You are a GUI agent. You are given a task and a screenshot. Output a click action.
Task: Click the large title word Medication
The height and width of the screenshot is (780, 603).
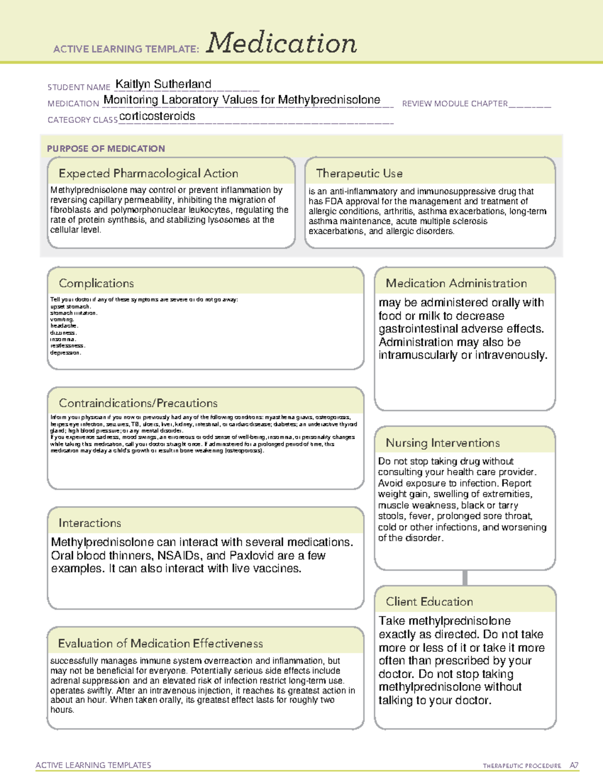click(x=281, y=43)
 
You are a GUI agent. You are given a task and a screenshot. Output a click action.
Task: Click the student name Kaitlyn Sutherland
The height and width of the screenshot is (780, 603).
click(x=163, y=84)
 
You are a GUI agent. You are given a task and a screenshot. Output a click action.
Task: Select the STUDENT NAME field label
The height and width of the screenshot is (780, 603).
click(x=79, y=87)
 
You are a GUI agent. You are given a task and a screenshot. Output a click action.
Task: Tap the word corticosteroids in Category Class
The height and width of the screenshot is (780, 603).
click(x=157, y=116)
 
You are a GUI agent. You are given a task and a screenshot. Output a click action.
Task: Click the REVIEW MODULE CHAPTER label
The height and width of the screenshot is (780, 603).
click(x=455, y=103)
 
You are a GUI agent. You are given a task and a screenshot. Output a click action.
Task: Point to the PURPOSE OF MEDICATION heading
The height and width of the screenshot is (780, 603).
click(x=106, y=149)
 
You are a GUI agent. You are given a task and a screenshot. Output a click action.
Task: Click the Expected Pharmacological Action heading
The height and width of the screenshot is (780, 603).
click(x=148, y=173)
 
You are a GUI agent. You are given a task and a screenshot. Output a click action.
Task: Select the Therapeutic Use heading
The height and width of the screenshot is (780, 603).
click(x=359, y=173)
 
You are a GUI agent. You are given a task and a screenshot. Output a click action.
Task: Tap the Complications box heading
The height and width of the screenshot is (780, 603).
click(x=96, y=283)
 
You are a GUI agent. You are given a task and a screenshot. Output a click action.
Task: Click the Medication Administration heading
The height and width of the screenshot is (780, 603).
click(x=456, y=283)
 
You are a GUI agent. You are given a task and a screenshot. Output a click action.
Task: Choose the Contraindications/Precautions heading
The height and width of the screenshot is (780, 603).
click(x=138, y=403)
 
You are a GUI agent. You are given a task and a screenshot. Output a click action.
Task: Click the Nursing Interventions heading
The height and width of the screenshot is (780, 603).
click(x=443, y=443)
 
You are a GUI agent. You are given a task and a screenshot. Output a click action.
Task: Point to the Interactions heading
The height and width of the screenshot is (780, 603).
click(x=90, y=523)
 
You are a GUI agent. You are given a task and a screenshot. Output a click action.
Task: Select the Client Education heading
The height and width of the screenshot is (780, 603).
click(x=429, y=602)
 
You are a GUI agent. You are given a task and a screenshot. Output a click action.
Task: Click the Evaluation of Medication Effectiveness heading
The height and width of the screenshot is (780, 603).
click(x=160, y=643)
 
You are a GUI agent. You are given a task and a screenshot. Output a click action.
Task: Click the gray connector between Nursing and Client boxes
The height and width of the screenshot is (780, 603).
click(x=465, y=578)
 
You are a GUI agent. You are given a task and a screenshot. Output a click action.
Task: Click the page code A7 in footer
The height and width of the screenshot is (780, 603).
click(x=574, y=765)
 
